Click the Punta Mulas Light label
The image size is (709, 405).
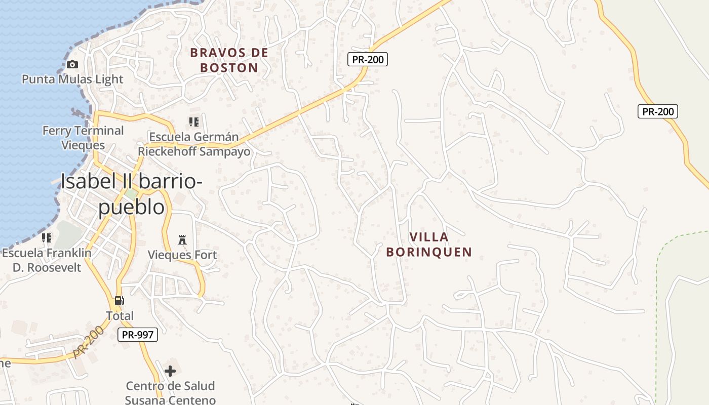click(x=72, y=79)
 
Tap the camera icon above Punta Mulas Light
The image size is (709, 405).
click(x=72, y=64)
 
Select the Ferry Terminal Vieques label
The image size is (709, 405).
click(x=83, y=138)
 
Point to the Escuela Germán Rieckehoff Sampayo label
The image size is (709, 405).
click(x=194, y=144)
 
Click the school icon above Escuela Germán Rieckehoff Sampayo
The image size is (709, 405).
click(x=193, y=121)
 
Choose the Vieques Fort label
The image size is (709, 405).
click(x=182, y=255)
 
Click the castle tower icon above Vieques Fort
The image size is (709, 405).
click(x=182, y=239)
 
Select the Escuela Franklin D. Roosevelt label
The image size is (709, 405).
click(x=47, y=260)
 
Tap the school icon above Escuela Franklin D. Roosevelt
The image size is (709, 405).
click(x=47, y=237)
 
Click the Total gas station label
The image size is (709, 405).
click(x=120, y=316)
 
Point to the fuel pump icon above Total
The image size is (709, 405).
click(x=120, y=301)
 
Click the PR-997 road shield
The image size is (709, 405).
click(x=138, y=334)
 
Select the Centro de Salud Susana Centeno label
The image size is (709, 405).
click(x=170, y=393)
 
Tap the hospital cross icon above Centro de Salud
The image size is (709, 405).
click(x=170, y=371)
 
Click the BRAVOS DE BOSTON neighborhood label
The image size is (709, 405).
click(x=229, y=60)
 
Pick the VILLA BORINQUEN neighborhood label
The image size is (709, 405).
click(x=429, y=244)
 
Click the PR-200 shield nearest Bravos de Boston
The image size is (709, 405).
click(x=368, y=59)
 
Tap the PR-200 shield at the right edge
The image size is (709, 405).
click(x=657, y=111)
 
